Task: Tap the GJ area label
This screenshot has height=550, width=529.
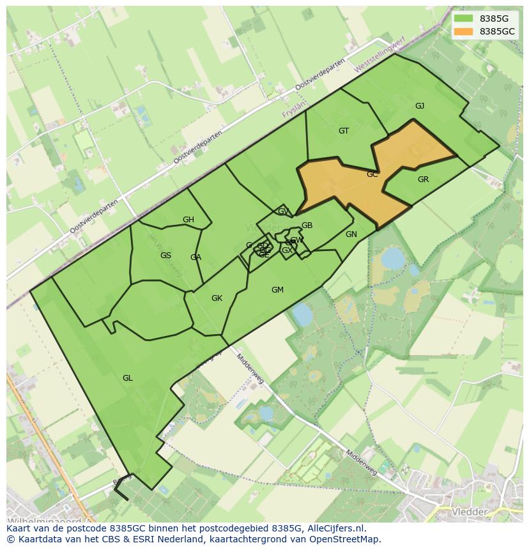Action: (420, 106)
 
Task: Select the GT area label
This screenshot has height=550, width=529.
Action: (344, 131)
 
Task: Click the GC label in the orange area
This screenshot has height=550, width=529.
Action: (372, 174)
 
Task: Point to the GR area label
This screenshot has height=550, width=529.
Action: (423, 180)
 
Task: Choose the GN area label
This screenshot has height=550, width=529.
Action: (351, 234)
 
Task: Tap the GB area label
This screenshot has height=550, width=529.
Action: (307, 225)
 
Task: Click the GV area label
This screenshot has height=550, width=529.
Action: (283, 211)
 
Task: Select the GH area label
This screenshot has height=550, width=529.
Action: (188, 220)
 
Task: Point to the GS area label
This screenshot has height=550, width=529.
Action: (165, 256)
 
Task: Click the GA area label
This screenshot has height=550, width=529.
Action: (195, 257)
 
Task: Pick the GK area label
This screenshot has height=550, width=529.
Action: (217, 298)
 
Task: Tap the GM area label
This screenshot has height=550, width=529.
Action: (277, 290)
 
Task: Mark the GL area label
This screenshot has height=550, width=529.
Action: (128, 378)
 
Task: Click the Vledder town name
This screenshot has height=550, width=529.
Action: (470, 512)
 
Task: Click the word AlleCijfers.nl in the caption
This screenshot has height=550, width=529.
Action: (335, 528)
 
